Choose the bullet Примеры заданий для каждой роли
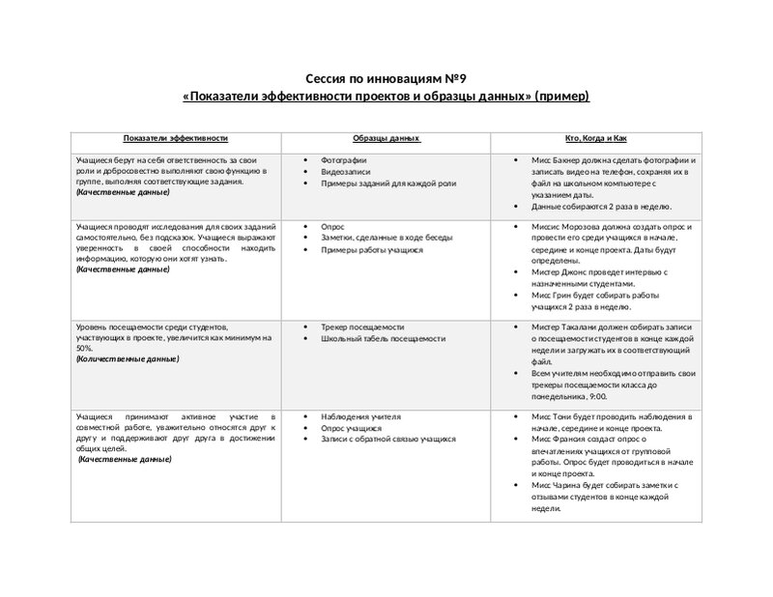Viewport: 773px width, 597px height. tap(376, 183)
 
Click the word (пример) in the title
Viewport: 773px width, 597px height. tap(562, 98)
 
